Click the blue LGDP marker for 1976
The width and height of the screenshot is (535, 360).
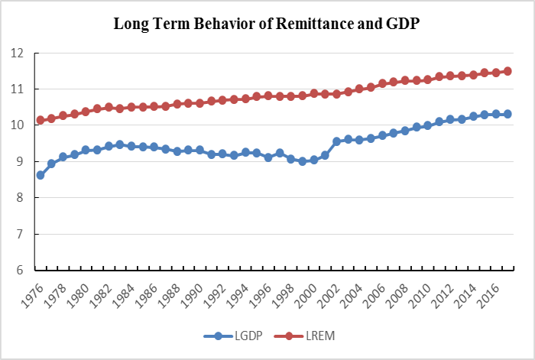pos(41,175)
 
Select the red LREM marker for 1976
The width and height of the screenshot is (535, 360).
pos(41,121)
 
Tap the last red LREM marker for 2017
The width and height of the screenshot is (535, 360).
pos(507,71)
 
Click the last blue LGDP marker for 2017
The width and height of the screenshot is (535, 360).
pos(507,114)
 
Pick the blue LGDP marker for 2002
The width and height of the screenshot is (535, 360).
pos(336,141)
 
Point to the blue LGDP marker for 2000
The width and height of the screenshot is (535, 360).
pos(313,160)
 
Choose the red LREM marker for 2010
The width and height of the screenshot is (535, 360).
pos(427,79)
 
